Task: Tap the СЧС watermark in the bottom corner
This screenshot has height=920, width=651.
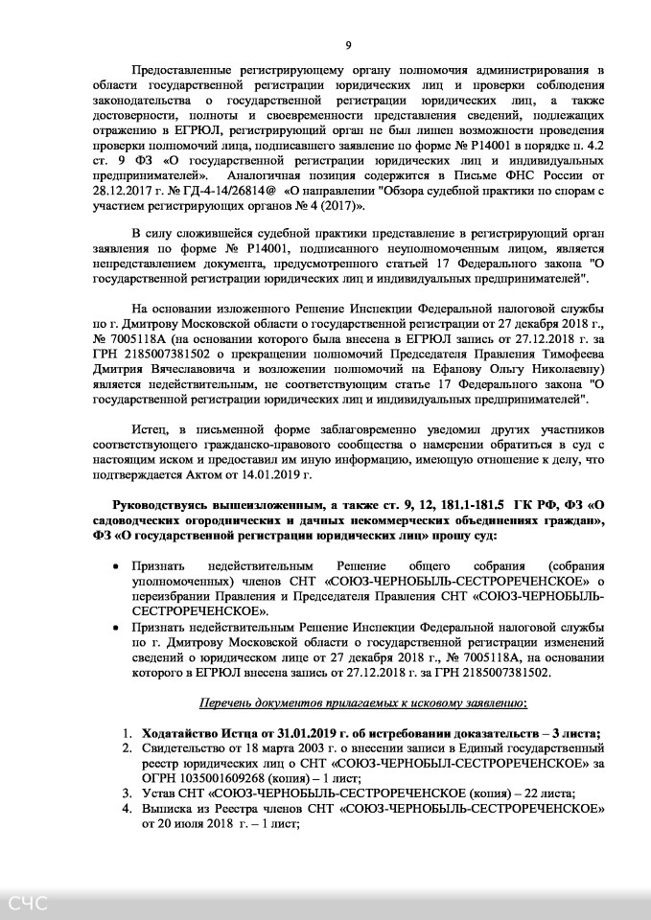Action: coord(28,904)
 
